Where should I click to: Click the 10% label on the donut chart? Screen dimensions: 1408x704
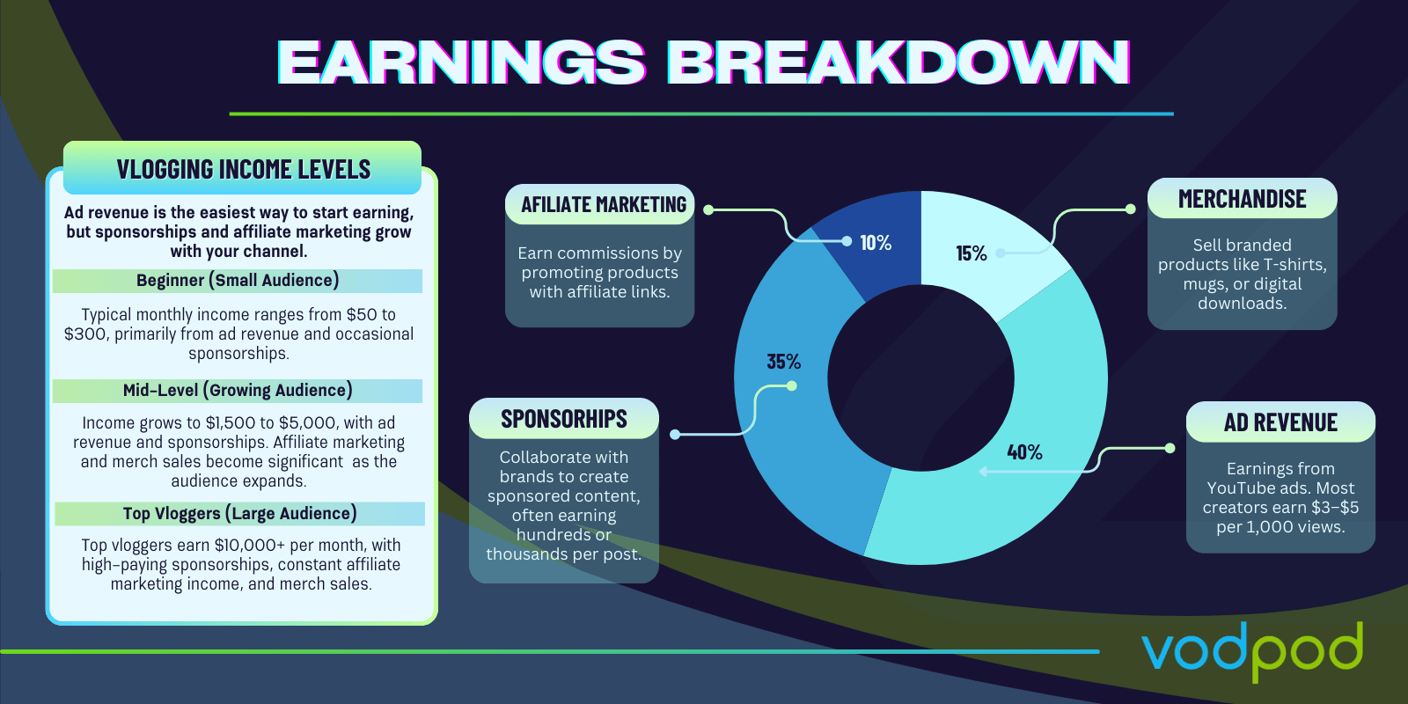tap(876, 243)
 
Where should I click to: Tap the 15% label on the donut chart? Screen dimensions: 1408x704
tap(972, 253)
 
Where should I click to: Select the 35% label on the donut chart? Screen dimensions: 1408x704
tap(784, 362)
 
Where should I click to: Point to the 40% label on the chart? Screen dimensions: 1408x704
tap(1024, 452)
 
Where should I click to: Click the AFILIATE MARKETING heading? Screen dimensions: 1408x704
tap(604, 205)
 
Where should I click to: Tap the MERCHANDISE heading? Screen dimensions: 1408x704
tap(1242, 199)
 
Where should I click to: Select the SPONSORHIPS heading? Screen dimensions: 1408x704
tap(564, 419)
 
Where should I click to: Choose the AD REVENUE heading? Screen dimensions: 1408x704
tap(1280, 422)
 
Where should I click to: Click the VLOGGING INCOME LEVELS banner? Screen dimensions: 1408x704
tap(243, 168)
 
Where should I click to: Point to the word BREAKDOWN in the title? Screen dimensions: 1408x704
tap(898, 62)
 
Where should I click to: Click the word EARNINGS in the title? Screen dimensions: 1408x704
tap(461, 62)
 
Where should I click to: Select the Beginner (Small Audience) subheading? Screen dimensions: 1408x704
tap(238, 281)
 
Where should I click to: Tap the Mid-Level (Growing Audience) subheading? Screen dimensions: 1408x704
tap(238, 391)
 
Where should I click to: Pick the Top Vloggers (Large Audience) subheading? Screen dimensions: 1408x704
tap(239, 514)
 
